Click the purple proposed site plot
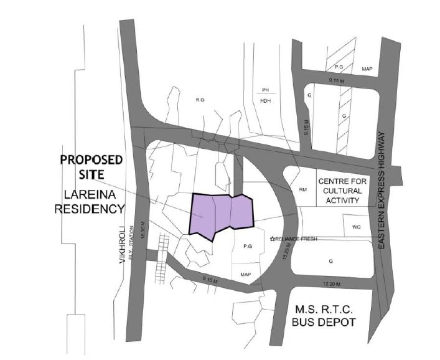[221, 216]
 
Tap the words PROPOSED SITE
[91, 166]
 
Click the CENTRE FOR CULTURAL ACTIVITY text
[339, 190]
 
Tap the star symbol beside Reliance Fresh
[272, 239]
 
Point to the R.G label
[200, 99]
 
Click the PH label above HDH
[264, 90]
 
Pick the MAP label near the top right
[367, 70]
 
